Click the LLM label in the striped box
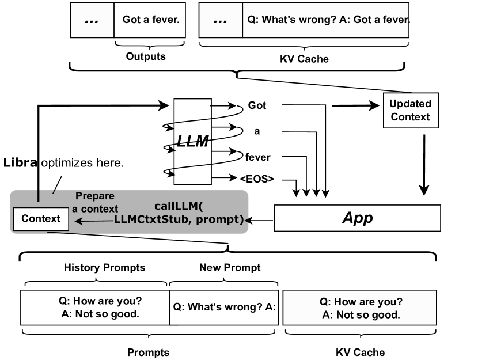[x=192, y=142]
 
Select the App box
[x=357, y=218]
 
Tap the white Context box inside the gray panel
[x=40, y=219]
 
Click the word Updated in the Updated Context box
[x=410, y=104]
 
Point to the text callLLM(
[x=179, y=206]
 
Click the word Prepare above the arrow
[x=95, y=196]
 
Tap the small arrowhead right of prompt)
[x=247, y=220]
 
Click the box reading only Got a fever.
[x=150, y=20]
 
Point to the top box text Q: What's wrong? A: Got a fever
[x=327, y=20]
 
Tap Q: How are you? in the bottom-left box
[x=100, y=301]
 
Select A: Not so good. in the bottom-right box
[x=361, y=315]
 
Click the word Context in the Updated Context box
[x=410, y=117]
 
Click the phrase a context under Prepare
[x=95, y=209]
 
